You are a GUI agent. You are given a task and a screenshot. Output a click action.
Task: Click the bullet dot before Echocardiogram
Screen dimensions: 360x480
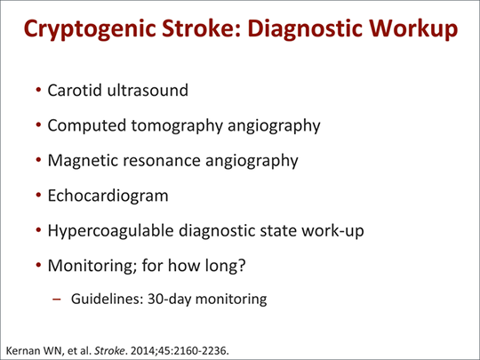pos(38,195)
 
